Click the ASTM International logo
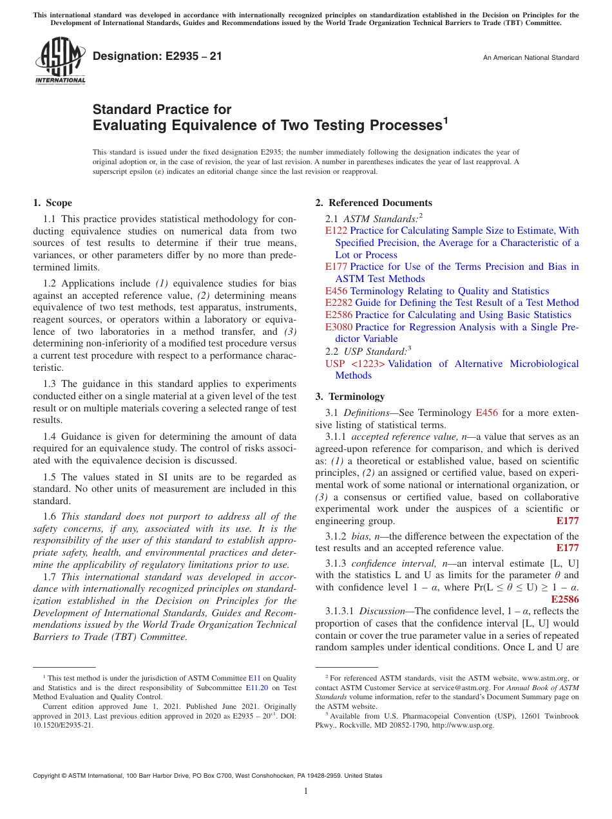[x=60, y=62]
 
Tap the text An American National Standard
[x=531, y=58]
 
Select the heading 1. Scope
[x=53, y=203]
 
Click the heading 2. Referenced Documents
[x=374, y=203]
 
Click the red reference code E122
[x=336, y=231]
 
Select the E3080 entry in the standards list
[x=339, y=327]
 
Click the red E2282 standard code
[x=339, y=303]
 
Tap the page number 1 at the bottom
[x=306, y=791]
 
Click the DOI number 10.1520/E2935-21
[x=63, y=725]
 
